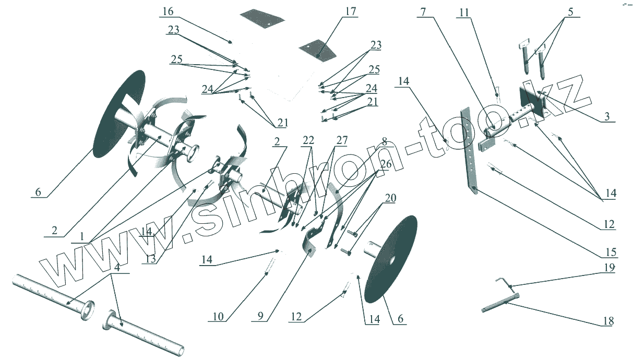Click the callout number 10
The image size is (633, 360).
218,316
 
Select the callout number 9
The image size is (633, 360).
259,316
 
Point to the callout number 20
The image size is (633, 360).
390,198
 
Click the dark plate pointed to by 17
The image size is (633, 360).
317,50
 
